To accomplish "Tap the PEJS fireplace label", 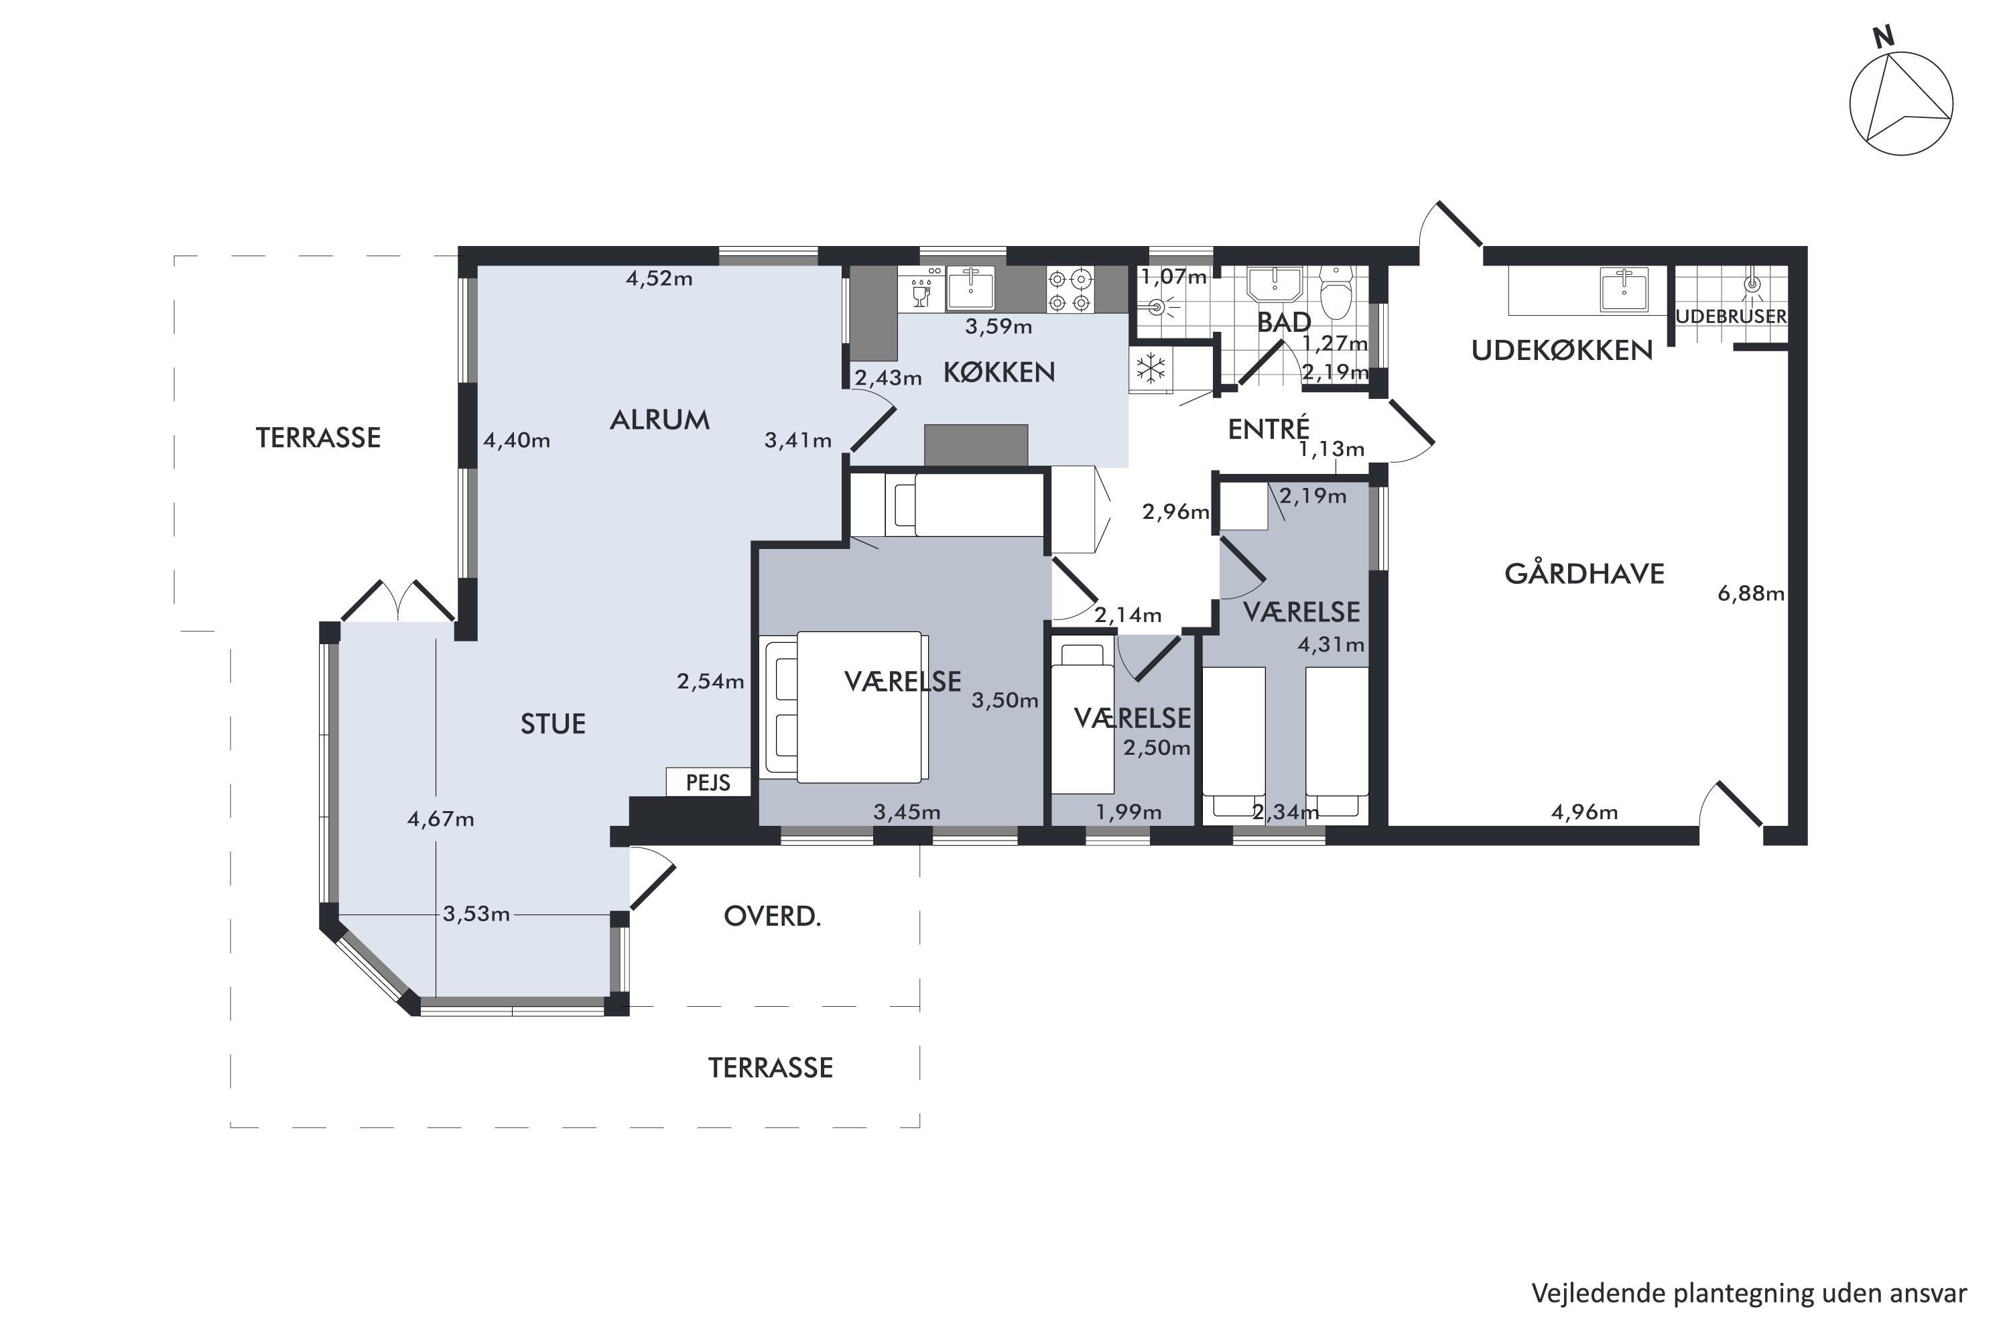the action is pos(708,783).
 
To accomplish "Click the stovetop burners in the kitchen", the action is pos(1070,290).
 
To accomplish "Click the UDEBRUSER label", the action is pos(1730,316).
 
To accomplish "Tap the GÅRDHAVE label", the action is pos(1584,572).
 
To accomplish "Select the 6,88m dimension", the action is pos(1751,593).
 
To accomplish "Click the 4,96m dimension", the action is pos(1584,812).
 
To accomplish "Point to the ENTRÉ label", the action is pos(1269,428).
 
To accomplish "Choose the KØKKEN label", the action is pos(999,372).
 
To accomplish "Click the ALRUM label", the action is pos(659,420).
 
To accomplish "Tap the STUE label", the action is pos(554,724).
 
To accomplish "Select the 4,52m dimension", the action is pos(659,279).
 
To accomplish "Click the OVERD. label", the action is pos(772,916).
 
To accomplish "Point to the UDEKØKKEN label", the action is pos(1562,351).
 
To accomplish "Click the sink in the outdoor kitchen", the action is pos(1624,289).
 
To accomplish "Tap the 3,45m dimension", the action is pos(907,812).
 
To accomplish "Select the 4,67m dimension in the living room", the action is pos(441,818).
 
